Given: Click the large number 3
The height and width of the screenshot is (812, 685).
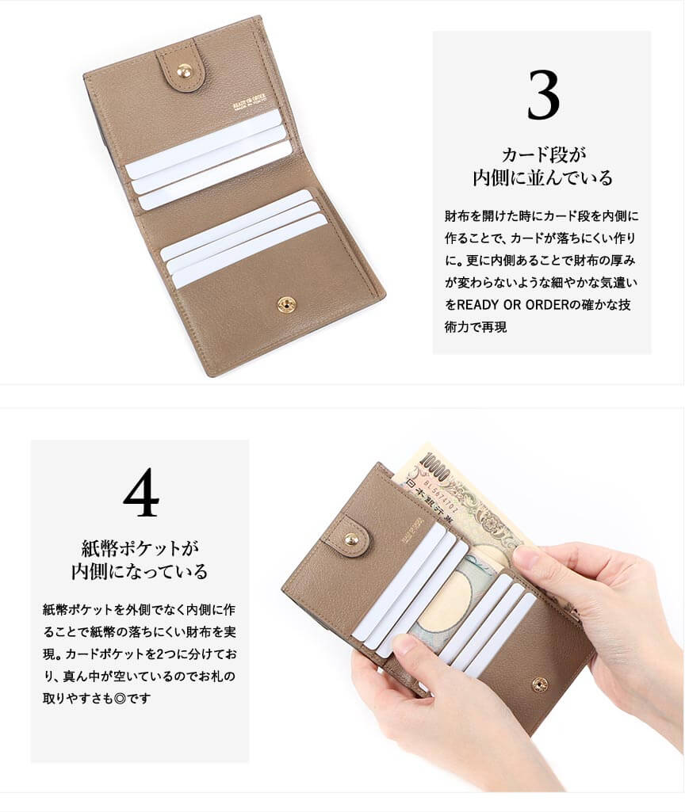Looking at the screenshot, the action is click(x=543, y=95).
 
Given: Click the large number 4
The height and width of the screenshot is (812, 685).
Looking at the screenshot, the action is click(x=141, y=492).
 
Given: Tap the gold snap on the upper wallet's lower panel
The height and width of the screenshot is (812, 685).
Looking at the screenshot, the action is click(x=285, y=304).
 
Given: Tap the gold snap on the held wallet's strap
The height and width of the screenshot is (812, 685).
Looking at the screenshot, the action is click(x=351, y=539).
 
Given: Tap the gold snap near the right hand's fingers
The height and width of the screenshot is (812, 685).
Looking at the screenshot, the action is click(x=540, y=684).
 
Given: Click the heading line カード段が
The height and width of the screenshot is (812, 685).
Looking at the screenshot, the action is click(x=544, y=154).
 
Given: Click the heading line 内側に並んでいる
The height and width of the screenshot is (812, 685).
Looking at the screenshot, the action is click(x=542, y=177).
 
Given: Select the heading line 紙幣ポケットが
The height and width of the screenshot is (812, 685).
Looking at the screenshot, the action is click(x=140, y=548).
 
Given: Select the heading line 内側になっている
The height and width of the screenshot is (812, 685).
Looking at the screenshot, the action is click(x=140, y=571).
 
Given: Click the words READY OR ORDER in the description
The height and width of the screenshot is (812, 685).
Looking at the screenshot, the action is click(x=513, y=304).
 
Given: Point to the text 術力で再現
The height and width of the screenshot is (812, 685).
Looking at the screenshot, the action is click(x=475, y=326).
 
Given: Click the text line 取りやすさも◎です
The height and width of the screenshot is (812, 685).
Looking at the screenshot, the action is click(x=97, y=698).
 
